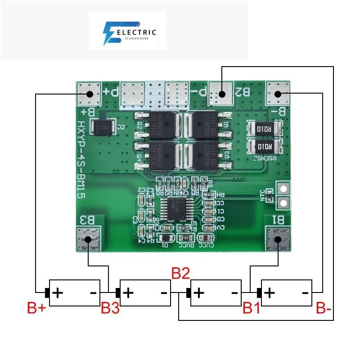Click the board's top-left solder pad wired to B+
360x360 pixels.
point(89,94)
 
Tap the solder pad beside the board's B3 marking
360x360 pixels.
point(90,239)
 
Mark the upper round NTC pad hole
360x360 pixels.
point(283,189)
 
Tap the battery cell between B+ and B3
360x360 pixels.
point(74,293)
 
